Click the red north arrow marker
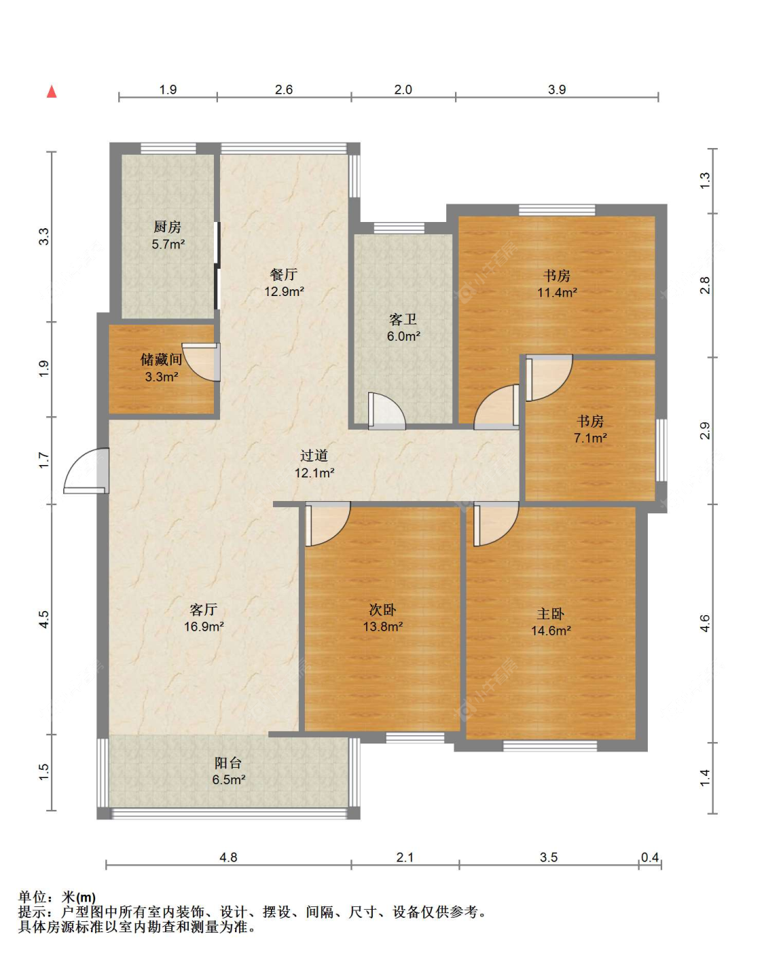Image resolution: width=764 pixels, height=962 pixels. coord(52,92)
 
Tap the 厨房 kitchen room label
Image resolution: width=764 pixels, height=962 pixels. coord(167,227)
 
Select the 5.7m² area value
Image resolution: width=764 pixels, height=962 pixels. coord(168,244)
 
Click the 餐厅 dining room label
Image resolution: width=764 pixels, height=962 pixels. coord(284,274)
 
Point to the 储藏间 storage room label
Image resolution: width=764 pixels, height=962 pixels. coord(162,359)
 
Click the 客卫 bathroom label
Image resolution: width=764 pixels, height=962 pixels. coord(403,319)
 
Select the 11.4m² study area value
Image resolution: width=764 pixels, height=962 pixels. coord(557,293)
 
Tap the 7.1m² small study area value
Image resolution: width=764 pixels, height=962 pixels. coord(590,438)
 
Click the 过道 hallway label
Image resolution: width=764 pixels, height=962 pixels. coord(314,456)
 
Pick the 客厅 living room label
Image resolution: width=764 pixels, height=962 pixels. coord(204,610)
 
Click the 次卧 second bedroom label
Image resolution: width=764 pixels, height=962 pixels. coord(382,610)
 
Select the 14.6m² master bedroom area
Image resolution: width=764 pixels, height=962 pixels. coord(551,631)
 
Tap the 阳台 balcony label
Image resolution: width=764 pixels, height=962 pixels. coord(228,762)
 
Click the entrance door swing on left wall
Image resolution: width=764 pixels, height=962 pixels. coord(86,470)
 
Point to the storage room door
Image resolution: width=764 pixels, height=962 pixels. coord(201,362)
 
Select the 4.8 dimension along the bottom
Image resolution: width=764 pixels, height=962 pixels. coord(228,857)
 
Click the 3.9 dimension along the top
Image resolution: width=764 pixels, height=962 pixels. coord(557,90)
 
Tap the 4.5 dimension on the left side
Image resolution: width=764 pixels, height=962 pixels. coord(44,619)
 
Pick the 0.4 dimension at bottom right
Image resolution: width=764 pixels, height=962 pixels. coord(650,857)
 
